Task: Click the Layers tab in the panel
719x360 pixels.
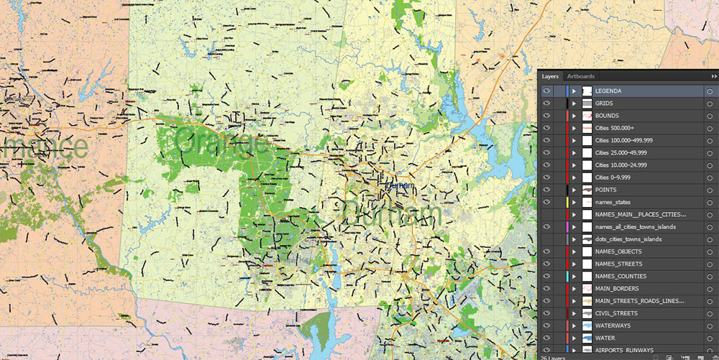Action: pyautogui.click(x=550, y=76)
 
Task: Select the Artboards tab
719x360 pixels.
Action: pyautogui.click(x=580, y=76)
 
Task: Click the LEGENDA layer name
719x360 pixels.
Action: pyautogui.click(x=608, y=91)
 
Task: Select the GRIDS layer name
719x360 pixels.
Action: pyautogui.click(x=604, y=103)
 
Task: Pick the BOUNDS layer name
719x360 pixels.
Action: pyautogui.click(x=607, y=116)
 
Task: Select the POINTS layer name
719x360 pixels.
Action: pyautogui.click(x=606, y=190)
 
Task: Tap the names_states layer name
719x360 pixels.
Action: pyautogui.click(x=613, y=202)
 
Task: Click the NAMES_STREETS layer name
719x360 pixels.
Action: pyautogui.click(x=618, y=264)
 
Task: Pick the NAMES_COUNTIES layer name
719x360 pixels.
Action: pyautogui.click(x=620, y=276)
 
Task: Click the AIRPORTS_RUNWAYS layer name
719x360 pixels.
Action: pyautogui.click(x=625, y=350)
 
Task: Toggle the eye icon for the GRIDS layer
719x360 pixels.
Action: pyautogui.click(x=546, y=103)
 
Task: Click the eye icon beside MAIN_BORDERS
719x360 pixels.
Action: pyautogui.click(x=546, y=288)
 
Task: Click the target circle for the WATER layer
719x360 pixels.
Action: pyautogui.click(x=709, y=338)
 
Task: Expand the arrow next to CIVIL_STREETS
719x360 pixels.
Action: pyautogui.click(x=574, y=313)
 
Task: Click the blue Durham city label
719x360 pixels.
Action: pyautogui.click(x=400, y=185)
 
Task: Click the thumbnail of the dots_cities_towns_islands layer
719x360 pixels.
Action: pyautogui.click(x=587, y=239)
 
